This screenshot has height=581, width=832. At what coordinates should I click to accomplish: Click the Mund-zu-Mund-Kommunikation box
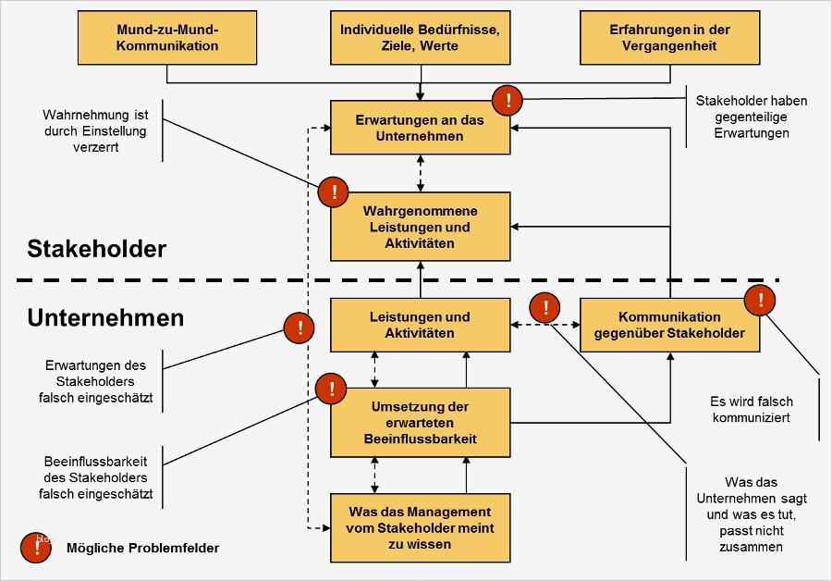click(168, 38)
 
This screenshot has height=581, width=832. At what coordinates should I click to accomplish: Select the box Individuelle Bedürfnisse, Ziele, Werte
click(420, 38)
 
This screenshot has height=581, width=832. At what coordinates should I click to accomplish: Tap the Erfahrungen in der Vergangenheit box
click(670, 38)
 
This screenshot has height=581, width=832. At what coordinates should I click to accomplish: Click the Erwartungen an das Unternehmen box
click(421, 129)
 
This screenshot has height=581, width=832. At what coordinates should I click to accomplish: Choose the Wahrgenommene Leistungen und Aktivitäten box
click(421, 227)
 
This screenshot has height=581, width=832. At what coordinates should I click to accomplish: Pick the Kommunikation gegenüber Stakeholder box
click(669, 326)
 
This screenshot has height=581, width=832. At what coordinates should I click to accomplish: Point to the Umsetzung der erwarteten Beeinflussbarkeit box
click(421, 423)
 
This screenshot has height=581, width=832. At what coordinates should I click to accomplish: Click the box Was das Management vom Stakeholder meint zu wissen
click(421, 527)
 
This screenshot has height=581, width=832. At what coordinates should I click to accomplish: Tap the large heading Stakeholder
click(97, 249)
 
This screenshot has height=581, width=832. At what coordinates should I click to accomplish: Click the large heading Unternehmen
click(105, 318)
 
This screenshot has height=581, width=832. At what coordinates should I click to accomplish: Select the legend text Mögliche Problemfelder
click(143, 548)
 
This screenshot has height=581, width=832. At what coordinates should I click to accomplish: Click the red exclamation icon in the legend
click(37, 548)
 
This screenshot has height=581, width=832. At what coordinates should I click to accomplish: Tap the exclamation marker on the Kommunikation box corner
click(760, 299)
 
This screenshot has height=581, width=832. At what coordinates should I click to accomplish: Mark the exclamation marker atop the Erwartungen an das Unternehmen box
click(508, 99)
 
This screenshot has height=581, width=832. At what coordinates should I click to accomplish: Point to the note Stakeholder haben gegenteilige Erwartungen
click(752, 117)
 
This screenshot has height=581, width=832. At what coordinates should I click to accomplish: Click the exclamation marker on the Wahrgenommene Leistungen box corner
click(333, 192)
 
